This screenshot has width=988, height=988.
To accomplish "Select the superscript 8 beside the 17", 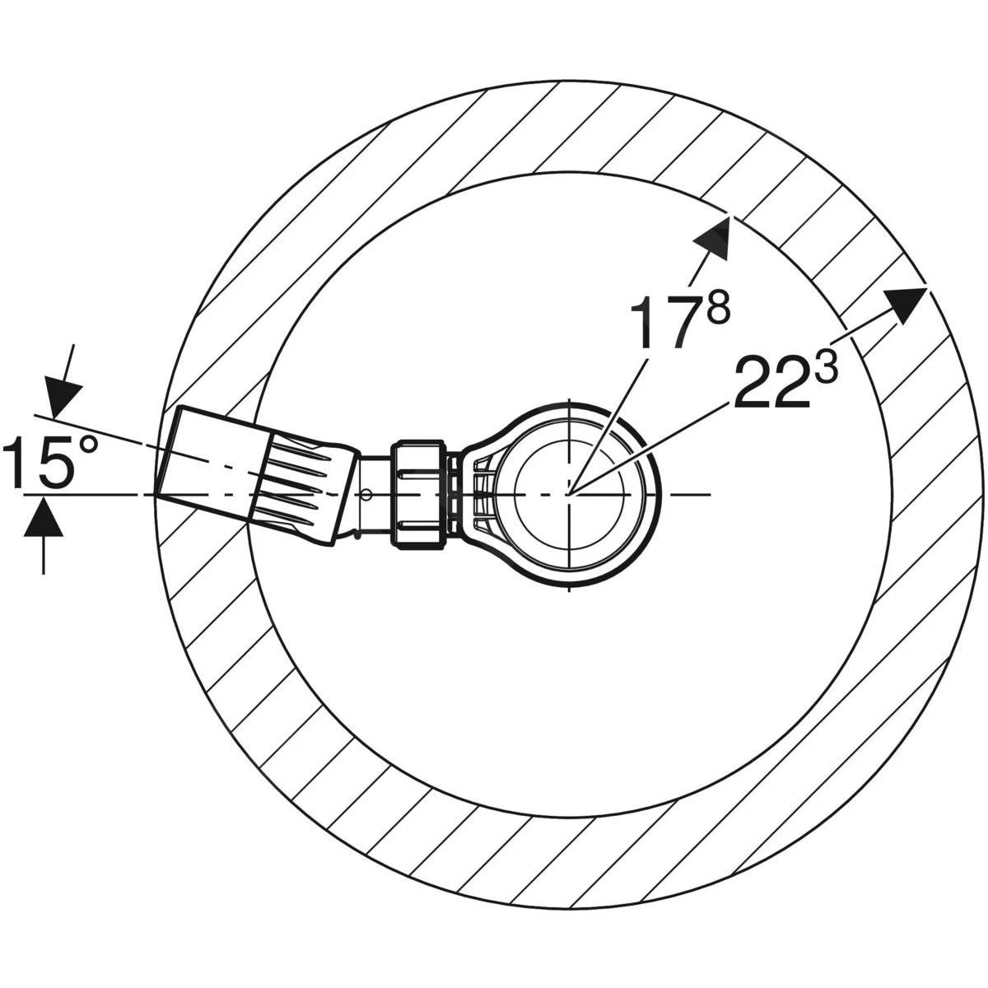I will click(717, 310).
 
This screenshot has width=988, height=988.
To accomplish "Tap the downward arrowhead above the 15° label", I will click(60, 398).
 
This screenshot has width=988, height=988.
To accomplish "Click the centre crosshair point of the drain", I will click(568, 493).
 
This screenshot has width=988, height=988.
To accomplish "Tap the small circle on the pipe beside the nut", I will click(366, 494).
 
